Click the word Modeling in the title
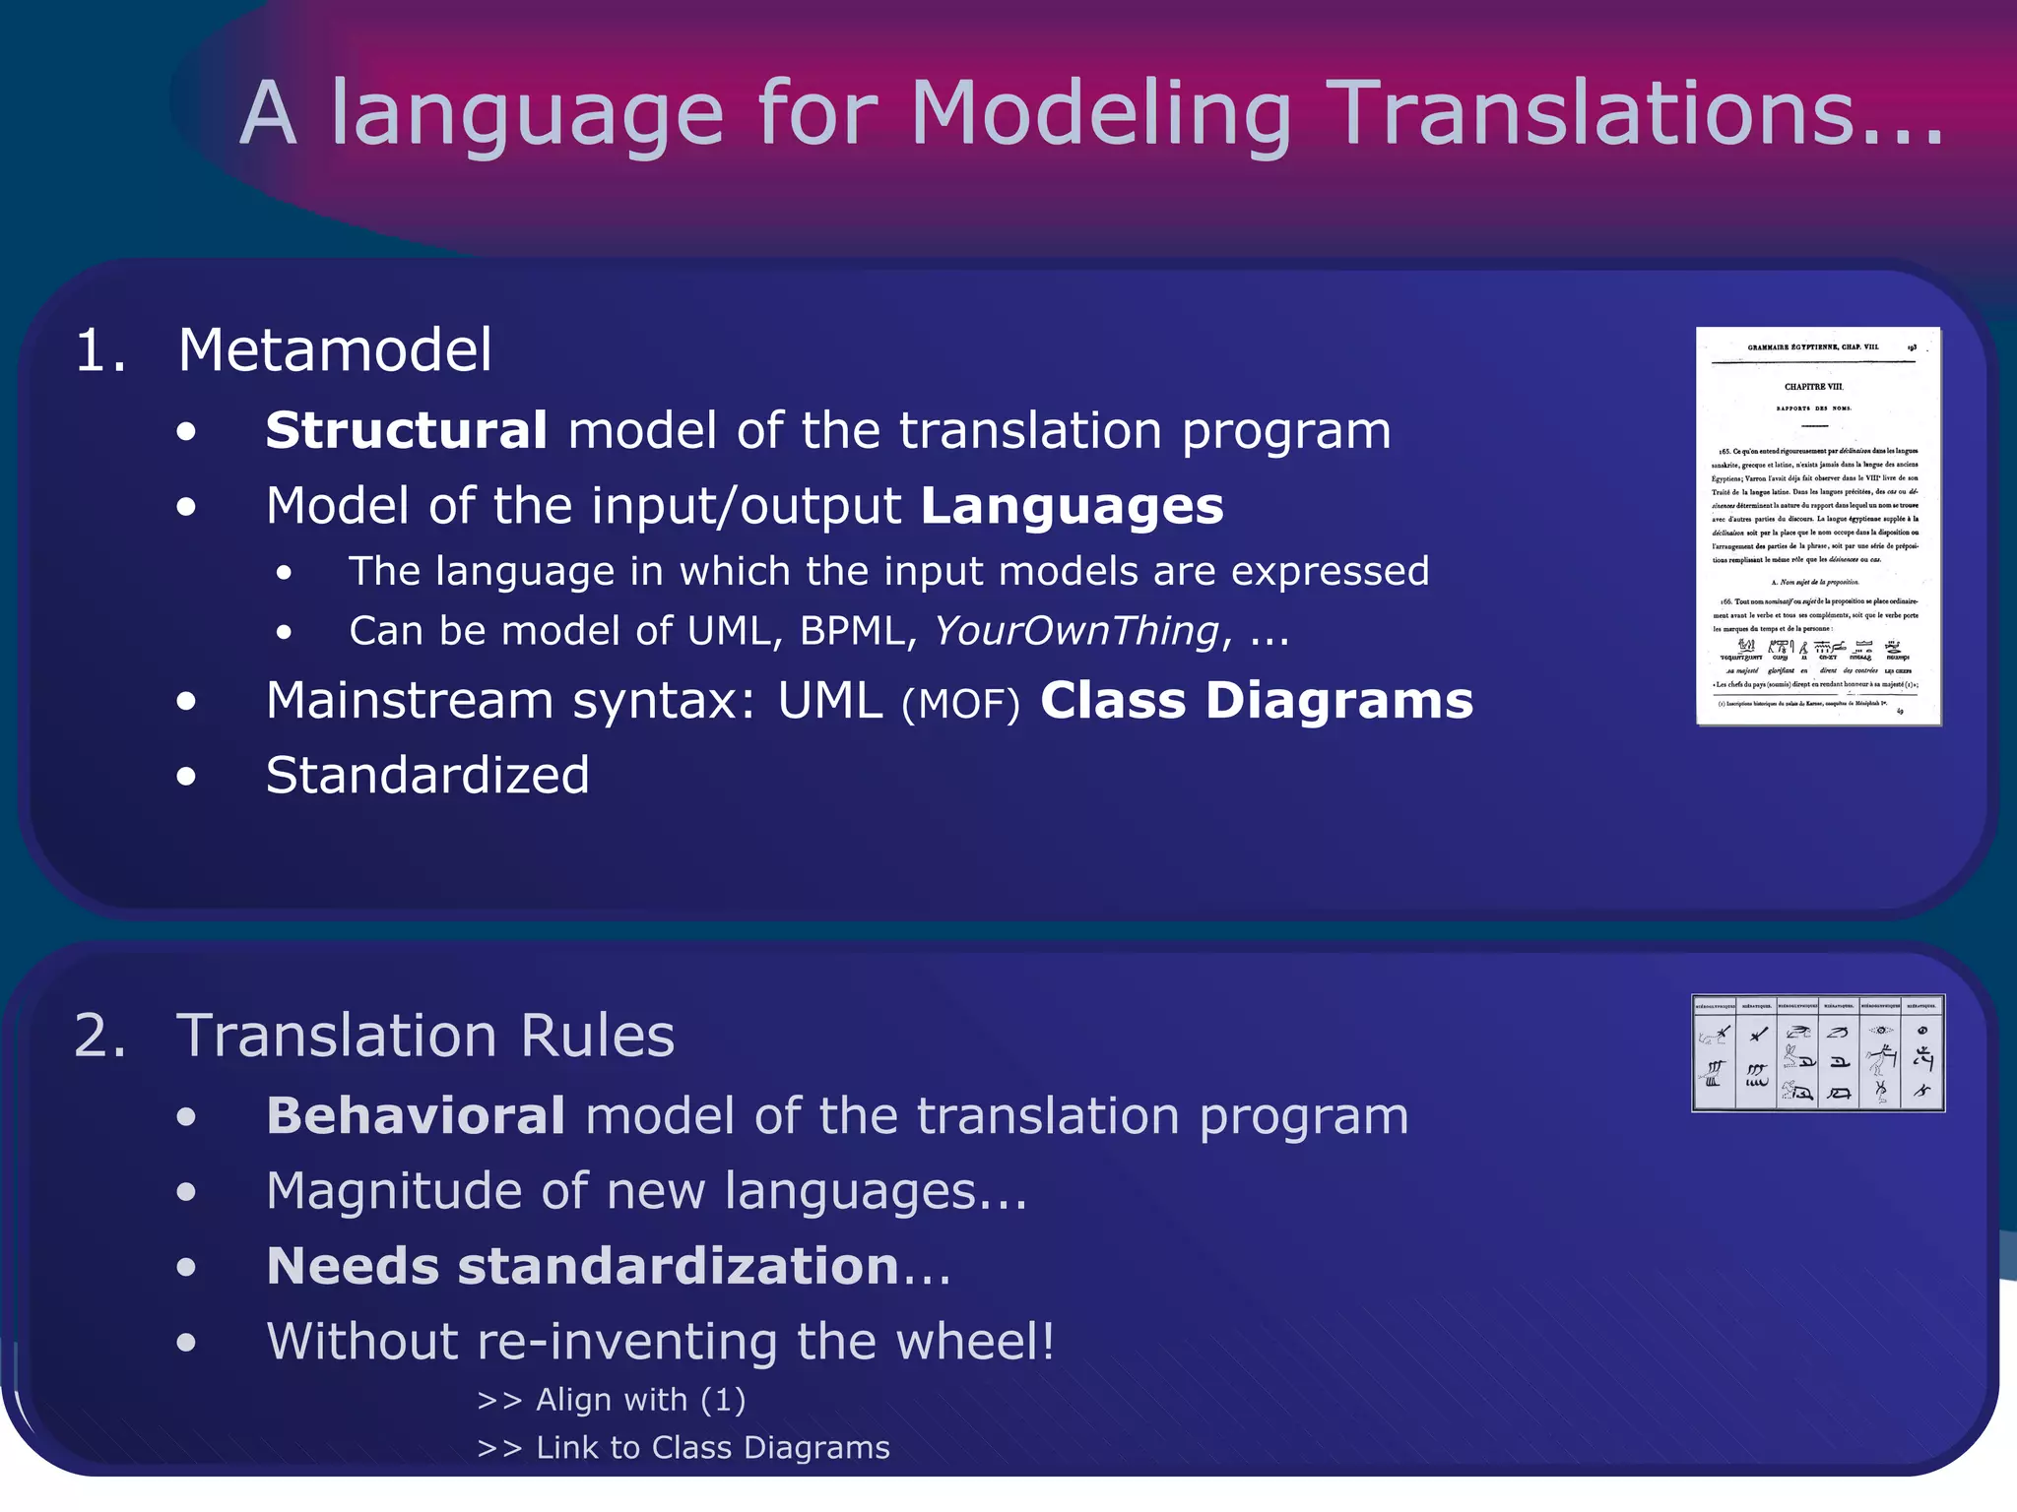click(1100, 116)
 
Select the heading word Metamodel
click(335, 350)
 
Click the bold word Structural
click(406, 431)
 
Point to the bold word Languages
click(1072, 507)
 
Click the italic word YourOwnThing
click(1076, 631)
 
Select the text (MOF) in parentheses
click(960, 704)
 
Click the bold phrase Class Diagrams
click(1256, 701)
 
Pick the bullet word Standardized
click(427, 776)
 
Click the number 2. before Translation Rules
click(100, 1037)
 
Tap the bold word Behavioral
click(416, 1116)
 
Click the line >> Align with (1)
click(611, 1400)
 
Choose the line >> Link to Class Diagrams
click(683, 1448)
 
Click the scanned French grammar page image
click(1818, 527)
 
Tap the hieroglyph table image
click(1818, 1053)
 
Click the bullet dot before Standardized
click(186, 777)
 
